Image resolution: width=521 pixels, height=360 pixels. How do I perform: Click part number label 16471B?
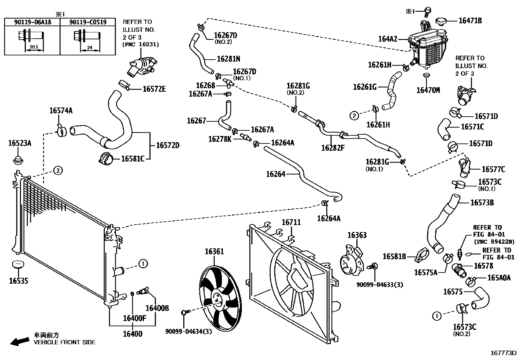[x=470, y=20]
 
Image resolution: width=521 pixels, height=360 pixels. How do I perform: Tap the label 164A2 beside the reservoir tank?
[x=387, y=39]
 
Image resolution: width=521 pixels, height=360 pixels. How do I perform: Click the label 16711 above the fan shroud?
[x=291, y=222]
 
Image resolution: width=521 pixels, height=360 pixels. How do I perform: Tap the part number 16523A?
[x=20, y=143]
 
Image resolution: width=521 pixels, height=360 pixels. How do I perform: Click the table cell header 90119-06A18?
[x=32, y=22]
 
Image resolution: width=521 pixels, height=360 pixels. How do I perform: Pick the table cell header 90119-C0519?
[x=88, y=22]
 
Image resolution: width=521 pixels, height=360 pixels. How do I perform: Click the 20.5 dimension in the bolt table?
[x=34, y=47]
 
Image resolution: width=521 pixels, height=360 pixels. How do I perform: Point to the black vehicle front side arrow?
[x=19, y=342]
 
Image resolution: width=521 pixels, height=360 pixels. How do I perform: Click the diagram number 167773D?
[x=503, y=353]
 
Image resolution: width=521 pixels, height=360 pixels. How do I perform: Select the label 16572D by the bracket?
[x=168, y=145]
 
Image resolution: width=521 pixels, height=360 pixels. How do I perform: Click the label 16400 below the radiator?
[x=133, y=334]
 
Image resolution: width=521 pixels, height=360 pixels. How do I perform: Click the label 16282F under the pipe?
[x=333, y=148]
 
